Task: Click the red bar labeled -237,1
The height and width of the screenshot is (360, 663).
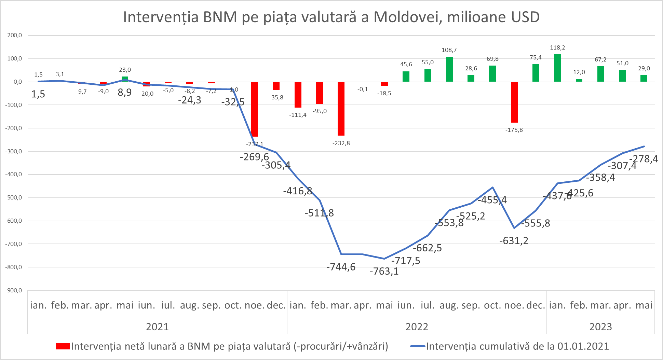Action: point(255,109)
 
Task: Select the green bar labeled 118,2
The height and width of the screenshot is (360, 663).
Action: point(557,68)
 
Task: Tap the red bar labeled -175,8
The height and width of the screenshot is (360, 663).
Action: point(514,102)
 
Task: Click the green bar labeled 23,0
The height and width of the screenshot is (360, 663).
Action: point(125,79)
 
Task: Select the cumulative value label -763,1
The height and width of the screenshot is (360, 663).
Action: point(384,271)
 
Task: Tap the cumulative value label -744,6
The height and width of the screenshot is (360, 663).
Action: point(341,267)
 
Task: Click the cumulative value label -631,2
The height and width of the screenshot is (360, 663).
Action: point(514,241)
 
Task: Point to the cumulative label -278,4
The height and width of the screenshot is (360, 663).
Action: point(644,159)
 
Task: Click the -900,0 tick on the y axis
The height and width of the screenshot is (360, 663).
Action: point(14,290)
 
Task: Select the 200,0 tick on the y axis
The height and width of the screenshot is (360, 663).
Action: point(15,35)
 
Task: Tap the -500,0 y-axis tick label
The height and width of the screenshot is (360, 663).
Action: point(14,197)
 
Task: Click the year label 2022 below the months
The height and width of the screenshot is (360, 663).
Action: point(417,327)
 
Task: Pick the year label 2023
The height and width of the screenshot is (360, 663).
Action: point(600,327)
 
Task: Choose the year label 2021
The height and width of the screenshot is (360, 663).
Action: point(157,327)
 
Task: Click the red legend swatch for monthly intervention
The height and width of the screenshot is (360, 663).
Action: point(63,346)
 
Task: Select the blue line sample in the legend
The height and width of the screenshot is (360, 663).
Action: point(418,346)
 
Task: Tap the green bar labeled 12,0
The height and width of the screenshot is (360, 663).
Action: point(579,80)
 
